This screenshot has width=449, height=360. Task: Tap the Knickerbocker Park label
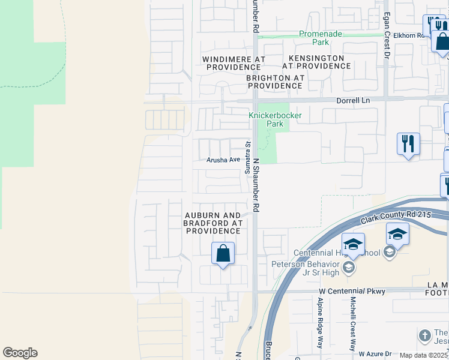tap(275, 119)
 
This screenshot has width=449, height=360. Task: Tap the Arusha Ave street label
tap(223, 160)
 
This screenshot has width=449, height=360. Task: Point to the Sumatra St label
tap(247, 158)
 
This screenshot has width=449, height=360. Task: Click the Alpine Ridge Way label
tap(320, 323)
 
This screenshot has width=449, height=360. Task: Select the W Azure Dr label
tap(375, 354)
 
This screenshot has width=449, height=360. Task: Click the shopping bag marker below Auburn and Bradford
tap(223, 254)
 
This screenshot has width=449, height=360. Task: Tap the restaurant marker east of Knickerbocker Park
tap(408, 145)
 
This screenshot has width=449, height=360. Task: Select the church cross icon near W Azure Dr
tap(424, 335)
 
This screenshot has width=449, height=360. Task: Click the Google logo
tap(20, 353)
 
